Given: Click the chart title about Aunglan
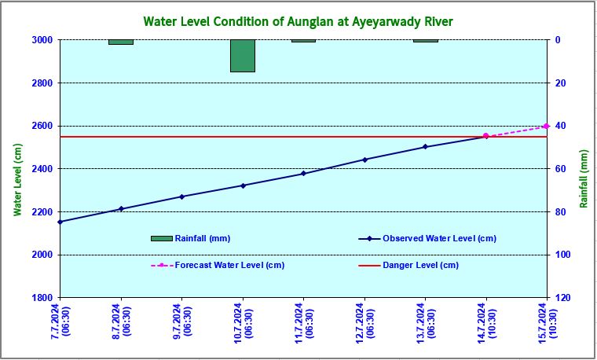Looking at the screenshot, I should [x=298, y=20].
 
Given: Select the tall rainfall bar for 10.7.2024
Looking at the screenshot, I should [x=243, y=56].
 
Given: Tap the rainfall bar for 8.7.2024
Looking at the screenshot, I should [x=121, y=42].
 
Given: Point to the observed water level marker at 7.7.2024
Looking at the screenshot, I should [x=60, y=222].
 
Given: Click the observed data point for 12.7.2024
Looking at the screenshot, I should [x=364, y=160].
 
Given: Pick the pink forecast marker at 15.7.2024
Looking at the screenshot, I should [x=546, y=126].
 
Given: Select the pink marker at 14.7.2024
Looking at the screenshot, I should [x=485, y=136].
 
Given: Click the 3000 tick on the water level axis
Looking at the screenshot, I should [x=42, y=39].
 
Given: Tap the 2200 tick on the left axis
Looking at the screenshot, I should [x=42, y=212].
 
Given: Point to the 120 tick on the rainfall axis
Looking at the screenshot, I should [x=562, y=298].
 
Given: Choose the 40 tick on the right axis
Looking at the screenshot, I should [x=560, y=126].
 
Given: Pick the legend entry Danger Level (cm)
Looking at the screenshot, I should [x=420, y=266].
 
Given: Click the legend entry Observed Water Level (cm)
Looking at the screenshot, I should [x=439, y=238].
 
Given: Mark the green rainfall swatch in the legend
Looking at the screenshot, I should [x=161, y=238].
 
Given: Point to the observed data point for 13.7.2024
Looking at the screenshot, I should [x=425, y=147].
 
